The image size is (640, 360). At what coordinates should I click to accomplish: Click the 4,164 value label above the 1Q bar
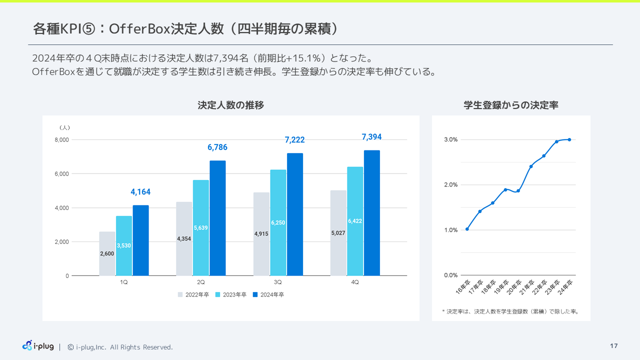pos(140,192)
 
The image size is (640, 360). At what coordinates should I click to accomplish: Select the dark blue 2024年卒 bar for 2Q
pos(217,218)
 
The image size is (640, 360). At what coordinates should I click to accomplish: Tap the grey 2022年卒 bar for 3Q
pos(261,234)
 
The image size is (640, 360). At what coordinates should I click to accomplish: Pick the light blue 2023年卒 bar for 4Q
pos(355,221)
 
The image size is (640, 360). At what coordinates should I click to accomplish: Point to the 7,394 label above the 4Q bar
pos(371,137)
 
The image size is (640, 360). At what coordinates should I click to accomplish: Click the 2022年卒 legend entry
pos(193,295)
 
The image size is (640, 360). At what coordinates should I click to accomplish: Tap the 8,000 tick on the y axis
pos(62,140)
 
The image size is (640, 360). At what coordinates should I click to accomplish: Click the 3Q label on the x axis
pos(277,282)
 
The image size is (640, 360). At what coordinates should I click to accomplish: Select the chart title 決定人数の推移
pos(230,105)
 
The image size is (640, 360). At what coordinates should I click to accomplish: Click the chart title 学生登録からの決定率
pos(511,105)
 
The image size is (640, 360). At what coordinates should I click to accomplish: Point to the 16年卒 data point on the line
pos(467,229)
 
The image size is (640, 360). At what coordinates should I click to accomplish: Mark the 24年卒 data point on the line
pos(569,139)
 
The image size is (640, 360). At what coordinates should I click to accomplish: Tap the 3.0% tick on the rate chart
pos(450,140)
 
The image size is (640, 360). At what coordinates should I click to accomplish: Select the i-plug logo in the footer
pos(38,346)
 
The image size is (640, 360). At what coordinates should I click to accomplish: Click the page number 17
pos(614,346)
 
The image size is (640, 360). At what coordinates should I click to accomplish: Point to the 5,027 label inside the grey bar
pos(338,233)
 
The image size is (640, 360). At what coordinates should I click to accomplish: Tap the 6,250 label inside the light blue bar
pos(278,222)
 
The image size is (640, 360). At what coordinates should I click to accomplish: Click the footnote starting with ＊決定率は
pos(510,311)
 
